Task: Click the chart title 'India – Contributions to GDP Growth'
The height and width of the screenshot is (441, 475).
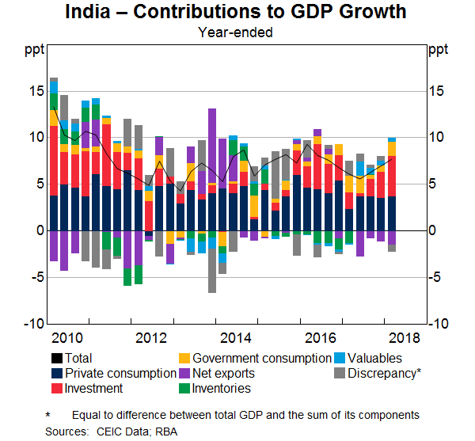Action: (237, 13)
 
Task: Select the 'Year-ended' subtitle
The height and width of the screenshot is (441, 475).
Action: (237, 33)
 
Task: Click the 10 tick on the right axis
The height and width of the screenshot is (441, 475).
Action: (437, 138)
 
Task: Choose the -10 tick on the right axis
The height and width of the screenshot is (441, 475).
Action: (439, 325)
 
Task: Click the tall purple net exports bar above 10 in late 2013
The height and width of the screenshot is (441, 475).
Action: (212, 146)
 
